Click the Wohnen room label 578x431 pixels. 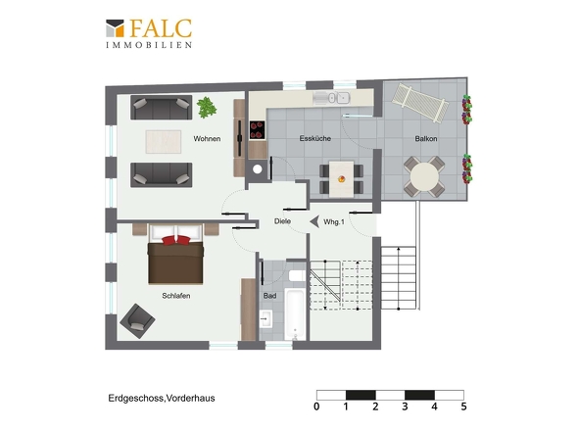click(x=207, y=139)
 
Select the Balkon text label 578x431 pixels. click(x=425, y=139)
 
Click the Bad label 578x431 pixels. click(x=269, y=295)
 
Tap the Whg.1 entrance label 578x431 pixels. click(x=333, y=222)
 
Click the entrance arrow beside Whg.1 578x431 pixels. click(x=313, y=222)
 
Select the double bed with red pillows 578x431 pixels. click(x=175, y=254)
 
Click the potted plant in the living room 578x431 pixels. click(x=207, y=105)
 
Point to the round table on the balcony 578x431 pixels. click(x=425, y=177)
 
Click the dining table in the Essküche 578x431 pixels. click(x=341, y=177)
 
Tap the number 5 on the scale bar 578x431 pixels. click(x=463, y=406)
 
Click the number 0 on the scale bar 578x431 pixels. click(x=316, y=406)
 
